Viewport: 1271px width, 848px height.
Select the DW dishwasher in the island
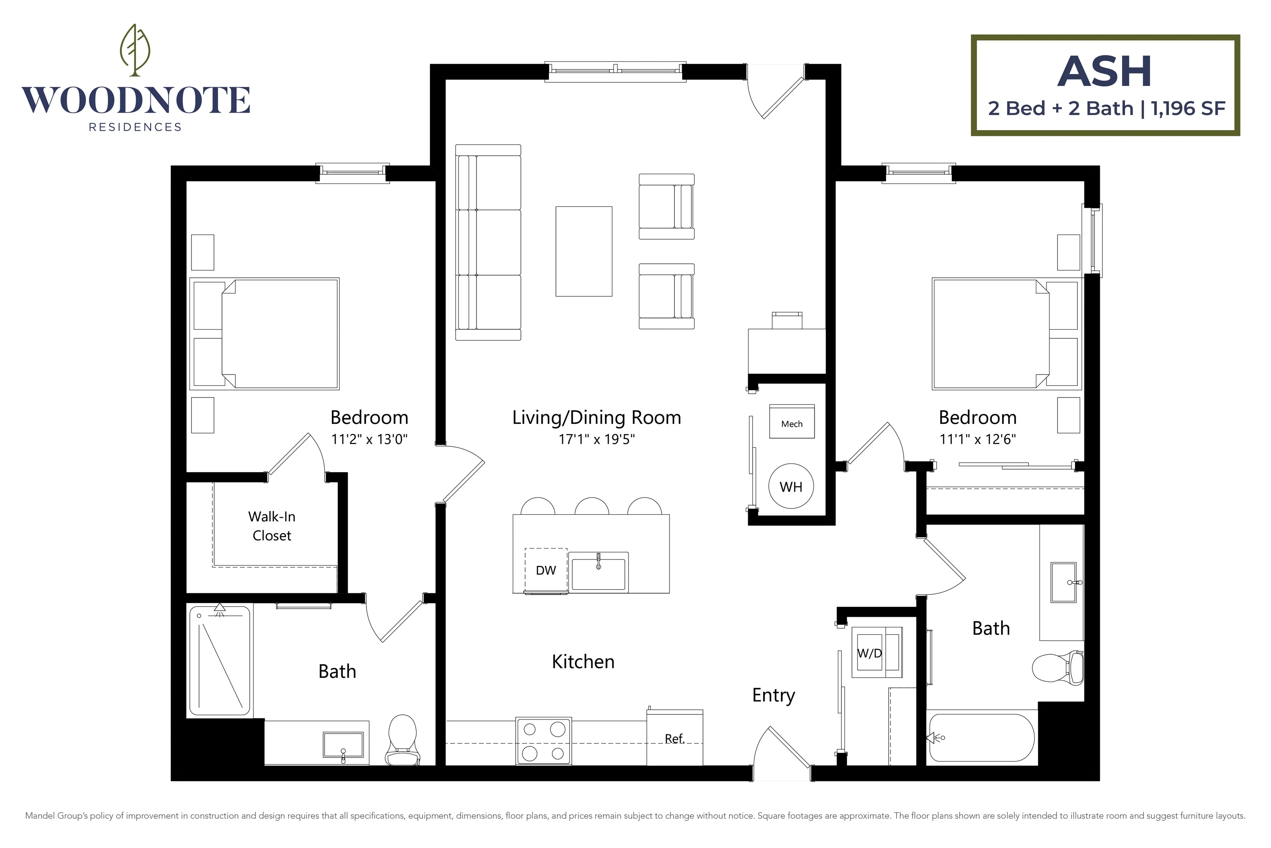click(x=546, y=571)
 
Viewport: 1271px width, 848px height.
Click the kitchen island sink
click(x=599, y=573)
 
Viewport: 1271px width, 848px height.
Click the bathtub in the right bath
click(x=981, y=738)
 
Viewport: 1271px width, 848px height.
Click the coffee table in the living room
click(x=584, y=252)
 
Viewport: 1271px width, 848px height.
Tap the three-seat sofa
click(x=488, y=242)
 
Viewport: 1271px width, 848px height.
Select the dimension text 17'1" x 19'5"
click(x=596, y=439)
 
